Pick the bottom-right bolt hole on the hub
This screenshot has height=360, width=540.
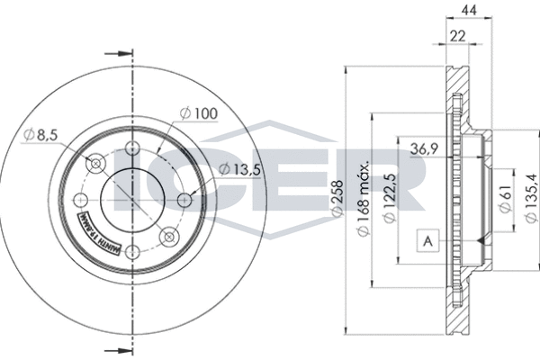[168, 237]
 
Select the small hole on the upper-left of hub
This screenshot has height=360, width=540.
[94, 164]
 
